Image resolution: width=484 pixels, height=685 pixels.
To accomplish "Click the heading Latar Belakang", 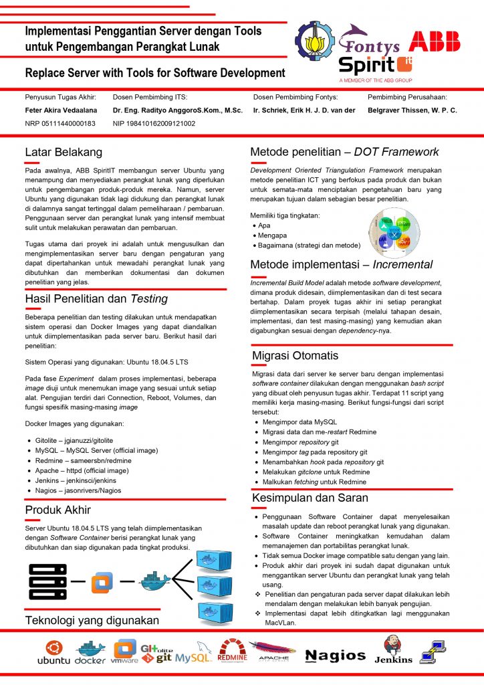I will pos(64,152).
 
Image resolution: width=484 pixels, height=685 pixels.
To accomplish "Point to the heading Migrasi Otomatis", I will pos(295,355).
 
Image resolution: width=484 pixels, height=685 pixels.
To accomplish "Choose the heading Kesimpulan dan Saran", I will pos(310,498).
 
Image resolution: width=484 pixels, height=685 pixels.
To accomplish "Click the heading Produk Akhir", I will pos(57,510).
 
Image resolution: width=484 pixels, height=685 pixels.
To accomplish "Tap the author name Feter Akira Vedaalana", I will pos(61,110).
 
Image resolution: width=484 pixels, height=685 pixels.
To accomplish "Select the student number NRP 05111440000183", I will pos(60,123).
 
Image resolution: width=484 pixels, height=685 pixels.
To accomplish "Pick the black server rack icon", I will pos(47,581).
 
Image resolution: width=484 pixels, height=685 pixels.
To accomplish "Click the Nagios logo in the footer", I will pos(336,656).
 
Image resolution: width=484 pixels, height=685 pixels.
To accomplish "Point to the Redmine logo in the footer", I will pos(233,651).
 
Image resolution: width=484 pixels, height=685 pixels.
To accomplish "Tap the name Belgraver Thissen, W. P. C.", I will pos(412,110).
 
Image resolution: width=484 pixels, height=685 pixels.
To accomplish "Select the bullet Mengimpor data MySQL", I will pos(299,422).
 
